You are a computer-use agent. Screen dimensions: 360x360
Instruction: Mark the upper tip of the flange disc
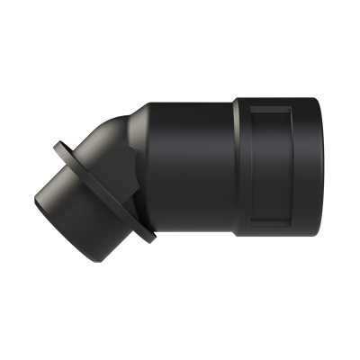[59, 145]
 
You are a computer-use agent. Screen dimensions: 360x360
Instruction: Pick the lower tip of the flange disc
[149, 240]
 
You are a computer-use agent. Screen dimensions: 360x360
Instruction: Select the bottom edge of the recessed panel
[270, 227]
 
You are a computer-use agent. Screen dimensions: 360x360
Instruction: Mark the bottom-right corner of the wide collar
[310, 238]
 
